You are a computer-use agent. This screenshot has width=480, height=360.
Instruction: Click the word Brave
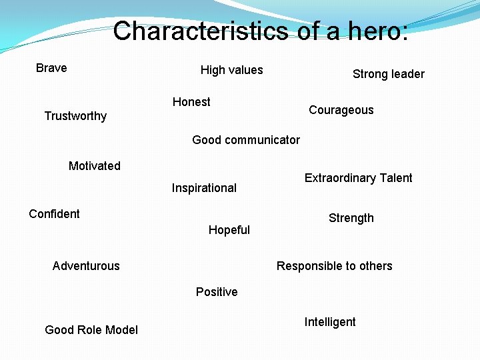point(51,68)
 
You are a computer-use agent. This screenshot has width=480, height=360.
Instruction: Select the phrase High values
point(231,70)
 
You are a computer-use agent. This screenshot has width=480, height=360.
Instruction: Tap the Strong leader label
point(388,74)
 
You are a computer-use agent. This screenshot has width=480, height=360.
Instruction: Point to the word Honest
point(191,102)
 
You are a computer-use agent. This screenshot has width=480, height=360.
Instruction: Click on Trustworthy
point(75,116)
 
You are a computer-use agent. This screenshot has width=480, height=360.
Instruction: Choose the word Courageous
point(341,110)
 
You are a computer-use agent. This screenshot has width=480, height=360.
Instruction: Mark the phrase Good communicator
point(245,140)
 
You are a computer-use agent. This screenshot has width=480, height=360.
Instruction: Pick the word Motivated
point(95,166)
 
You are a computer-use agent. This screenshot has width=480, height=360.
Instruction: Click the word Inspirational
point(204,188)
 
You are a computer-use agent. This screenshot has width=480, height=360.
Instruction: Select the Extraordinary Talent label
point(358,178)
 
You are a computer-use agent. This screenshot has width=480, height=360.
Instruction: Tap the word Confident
point(54,214)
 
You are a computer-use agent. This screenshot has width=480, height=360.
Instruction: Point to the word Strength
point(351,218)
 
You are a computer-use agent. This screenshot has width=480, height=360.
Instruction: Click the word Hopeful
point(229,230)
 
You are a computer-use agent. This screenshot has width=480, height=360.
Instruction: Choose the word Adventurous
point(86,266)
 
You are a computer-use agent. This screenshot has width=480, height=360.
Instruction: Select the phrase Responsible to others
point(334,266)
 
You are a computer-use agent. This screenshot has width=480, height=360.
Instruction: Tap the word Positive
point(217,292)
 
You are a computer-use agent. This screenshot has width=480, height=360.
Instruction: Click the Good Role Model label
point(91,330)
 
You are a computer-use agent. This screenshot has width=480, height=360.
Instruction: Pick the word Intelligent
point(330,322)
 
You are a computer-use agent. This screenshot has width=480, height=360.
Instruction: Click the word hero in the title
point(373,31)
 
